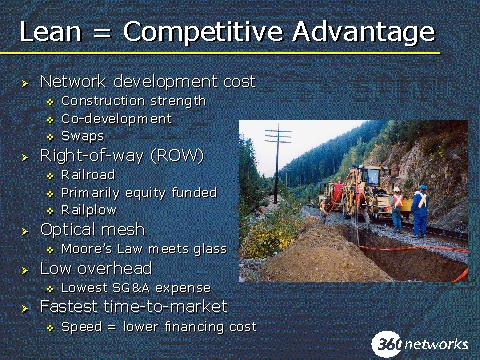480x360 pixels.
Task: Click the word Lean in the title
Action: point(51,31)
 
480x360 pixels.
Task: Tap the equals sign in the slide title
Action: point(101,33)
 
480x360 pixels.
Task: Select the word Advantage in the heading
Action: point(364,33)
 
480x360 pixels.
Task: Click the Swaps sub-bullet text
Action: point(83,136)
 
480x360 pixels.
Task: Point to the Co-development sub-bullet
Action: point(116,119)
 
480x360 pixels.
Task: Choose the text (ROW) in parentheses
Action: point(177,156)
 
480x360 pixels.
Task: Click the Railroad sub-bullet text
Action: point(88,175)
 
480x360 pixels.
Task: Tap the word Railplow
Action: point(89,210)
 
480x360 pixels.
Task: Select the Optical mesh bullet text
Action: point(92,230)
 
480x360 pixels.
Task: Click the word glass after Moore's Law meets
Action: point(210,249)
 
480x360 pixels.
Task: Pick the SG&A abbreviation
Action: point(131,288)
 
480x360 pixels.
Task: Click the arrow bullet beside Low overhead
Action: point(25,270)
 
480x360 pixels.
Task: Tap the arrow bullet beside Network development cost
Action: point(25,83)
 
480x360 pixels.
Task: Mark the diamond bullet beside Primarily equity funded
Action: point(50,194)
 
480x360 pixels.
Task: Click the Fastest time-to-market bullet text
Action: point(134,307)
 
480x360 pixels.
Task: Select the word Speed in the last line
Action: point(82,327)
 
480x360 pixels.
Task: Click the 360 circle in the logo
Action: point(387,344)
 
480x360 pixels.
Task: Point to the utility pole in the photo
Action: point(277,163)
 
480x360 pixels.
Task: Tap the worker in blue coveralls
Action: point(420,211)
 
